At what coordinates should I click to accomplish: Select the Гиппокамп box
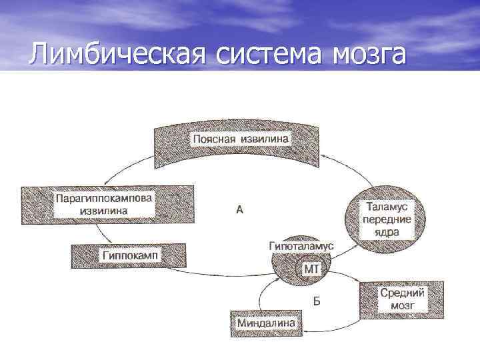click(x=127, y=255)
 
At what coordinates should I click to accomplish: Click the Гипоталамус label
click(x=302, y=247)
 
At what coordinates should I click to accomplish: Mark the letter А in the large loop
click(x=240, y=209)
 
